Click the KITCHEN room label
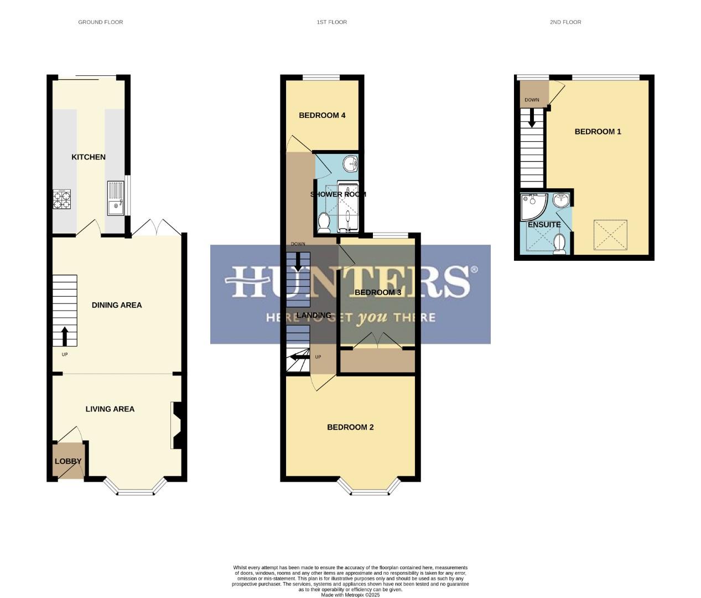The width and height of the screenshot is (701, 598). click(89, 157)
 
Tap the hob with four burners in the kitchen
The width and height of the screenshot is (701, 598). click(61, 199)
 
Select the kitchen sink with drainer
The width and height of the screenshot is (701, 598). click(116, 198)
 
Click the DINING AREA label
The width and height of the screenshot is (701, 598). click(117, 305)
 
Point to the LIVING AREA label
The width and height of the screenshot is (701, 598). click(110, 409)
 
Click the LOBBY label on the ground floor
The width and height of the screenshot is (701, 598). click(68, 461)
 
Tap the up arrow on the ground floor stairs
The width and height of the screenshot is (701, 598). click(65, 336)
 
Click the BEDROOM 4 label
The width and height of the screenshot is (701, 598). click(322, 116)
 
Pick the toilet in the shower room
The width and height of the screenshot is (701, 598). click(324, 223)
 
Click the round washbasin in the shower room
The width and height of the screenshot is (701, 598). click(350, 164)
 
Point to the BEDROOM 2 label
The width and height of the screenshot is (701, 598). click(350, 427)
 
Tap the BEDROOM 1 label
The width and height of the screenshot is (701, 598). click(598, 132)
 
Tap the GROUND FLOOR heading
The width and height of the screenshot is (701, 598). click(100, 22)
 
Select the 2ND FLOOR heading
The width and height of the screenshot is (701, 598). click(565, 22)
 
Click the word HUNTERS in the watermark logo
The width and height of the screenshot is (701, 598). click(350, 281)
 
